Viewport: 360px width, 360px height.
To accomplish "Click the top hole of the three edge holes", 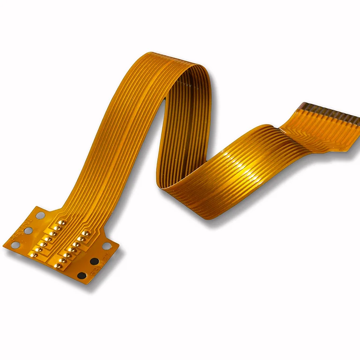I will coord(40,215).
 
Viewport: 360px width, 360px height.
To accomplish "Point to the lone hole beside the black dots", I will coord(107,246).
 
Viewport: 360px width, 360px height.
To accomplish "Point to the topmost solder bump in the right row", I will coord(85,233).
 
